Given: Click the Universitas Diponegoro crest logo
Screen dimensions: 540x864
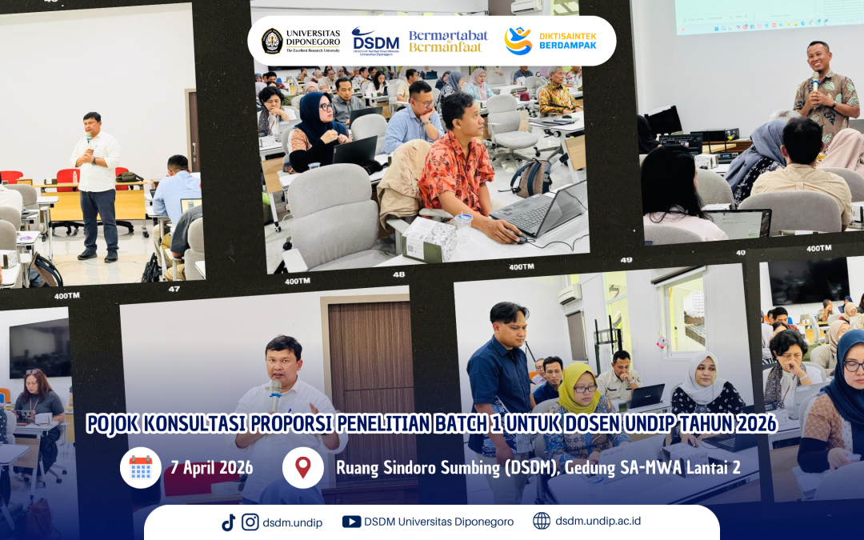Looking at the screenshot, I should coord(272,41).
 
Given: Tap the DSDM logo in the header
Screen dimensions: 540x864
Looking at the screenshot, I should coord(375,41).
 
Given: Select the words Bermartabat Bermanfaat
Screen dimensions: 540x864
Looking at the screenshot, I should coord(448,41).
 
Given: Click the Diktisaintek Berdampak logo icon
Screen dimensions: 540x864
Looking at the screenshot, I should coord(518,41).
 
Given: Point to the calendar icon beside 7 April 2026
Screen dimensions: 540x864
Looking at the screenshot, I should coord(141,467).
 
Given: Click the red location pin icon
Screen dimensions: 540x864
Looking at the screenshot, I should coord(302,467).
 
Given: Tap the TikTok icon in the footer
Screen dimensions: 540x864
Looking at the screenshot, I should coord(229,522).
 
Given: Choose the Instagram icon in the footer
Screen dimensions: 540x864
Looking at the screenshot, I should coord(250,522).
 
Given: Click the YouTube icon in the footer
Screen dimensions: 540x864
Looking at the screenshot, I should coord(351,522).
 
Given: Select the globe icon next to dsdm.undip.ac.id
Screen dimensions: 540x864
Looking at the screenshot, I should coord(542,522).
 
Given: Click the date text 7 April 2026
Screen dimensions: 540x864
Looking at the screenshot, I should coord(212,468).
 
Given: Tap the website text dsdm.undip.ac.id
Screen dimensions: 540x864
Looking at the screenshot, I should coord(598,522).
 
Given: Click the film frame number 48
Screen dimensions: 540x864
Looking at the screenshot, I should coord(398,274).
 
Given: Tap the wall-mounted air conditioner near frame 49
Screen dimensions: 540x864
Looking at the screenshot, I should coord(569,294).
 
